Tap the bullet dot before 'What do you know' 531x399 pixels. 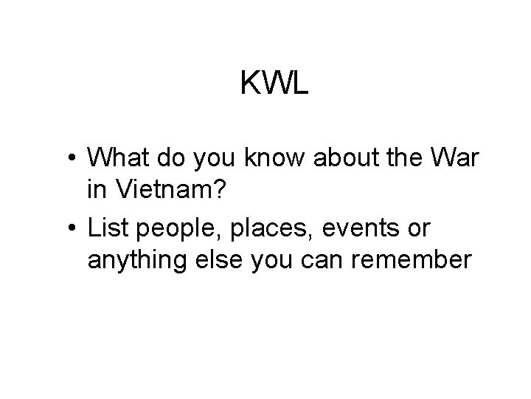[x=74, y=158]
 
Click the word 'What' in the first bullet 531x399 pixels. [x=116, y=157]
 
